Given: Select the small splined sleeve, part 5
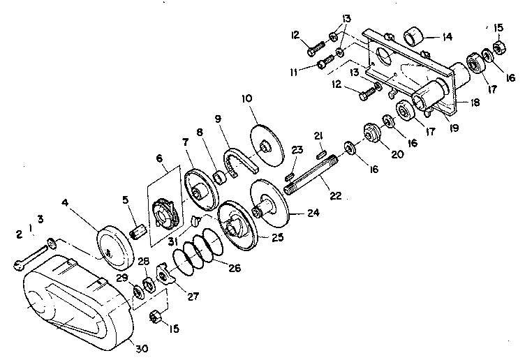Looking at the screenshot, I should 138,229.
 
